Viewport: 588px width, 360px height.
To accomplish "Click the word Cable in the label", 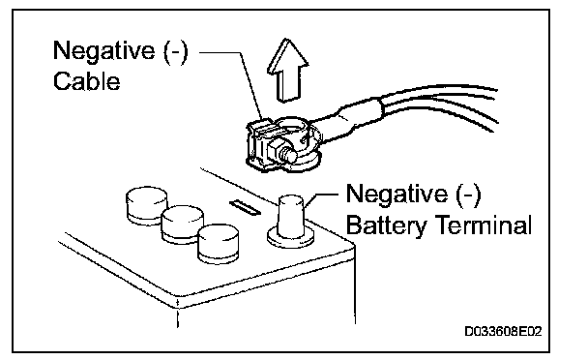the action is [87, 81].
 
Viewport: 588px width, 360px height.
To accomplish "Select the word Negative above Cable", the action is [103, 50].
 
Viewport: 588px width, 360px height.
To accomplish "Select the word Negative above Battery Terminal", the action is [397, 194].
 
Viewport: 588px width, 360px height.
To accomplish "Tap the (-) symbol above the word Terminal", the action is [469, 195].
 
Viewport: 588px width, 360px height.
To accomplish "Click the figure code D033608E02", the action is [503, 332].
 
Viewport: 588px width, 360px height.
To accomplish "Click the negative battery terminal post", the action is [291, 217].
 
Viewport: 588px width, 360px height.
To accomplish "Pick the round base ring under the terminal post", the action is [291, 239].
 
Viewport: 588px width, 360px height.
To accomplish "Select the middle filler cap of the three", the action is [182, 225].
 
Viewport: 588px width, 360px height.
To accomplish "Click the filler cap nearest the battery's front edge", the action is [219, 243].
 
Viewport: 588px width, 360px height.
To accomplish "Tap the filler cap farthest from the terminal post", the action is [147, 205].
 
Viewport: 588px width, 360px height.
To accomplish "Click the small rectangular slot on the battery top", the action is [246, 208].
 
